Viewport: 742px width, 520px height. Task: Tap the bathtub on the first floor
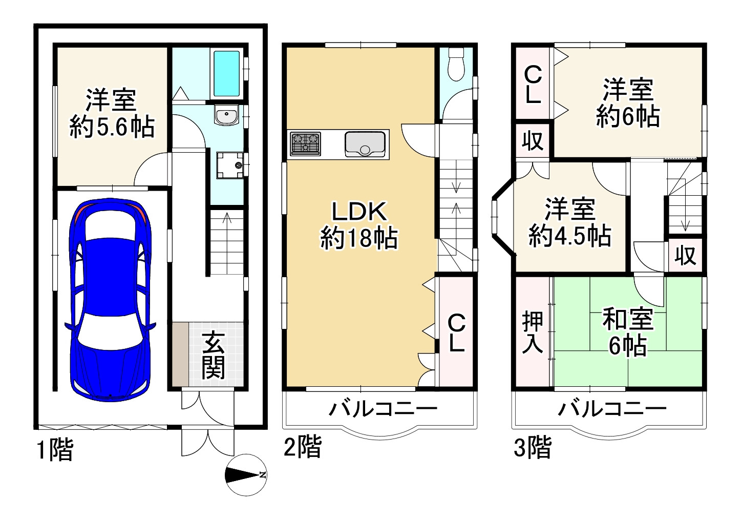226,73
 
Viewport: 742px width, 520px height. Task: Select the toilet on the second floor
456,64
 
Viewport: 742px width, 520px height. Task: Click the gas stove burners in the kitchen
305,143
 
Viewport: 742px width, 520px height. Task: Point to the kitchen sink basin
365,144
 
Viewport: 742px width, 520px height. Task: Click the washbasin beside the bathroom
226,115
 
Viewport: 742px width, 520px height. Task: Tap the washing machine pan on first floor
230,165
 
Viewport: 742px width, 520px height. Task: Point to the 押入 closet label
533,332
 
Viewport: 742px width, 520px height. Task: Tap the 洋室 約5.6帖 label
112,113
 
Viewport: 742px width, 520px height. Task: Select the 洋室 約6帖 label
628,103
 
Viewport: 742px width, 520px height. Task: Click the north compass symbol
246,475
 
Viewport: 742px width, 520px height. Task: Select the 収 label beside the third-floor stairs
685,256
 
